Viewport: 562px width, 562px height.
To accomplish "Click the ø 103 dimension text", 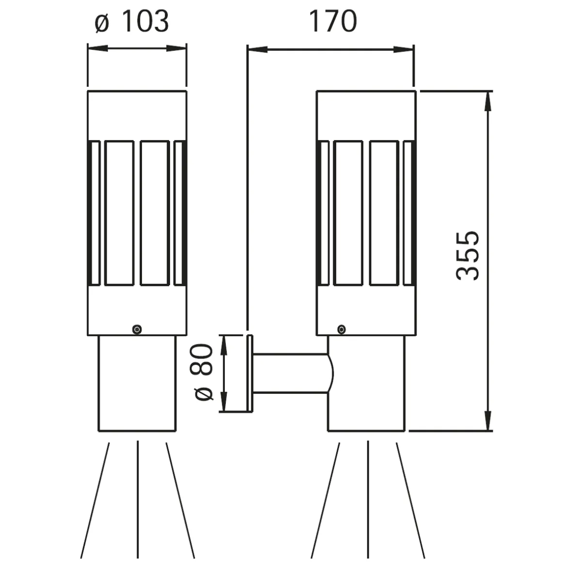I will tap(132, 22).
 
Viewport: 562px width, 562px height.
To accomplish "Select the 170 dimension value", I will tap(332, 22).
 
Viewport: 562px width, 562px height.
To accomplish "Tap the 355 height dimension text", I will tap(468, 255).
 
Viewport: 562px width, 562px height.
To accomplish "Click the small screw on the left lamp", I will tap(138, 329).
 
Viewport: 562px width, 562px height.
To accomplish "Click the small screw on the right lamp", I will tap(342, 329).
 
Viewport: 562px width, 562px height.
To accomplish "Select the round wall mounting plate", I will tap(250, 373).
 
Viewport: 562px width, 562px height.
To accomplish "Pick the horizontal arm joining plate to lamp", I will tap(291, 373).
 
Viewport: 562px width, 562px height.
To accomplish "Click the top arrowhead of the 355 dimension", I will tap(488, 99).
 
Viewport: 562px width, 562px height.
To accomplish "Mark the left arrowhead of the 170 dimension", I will tap(257, 49).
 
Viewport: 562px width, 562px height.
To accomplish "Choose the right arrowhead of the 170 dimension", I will tap(405, 49).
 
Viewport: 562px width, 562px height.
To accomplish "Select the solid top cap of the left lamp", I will tap(137, 115).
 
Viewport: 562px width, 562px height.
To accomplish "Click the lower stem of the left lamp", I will tap(137, 383).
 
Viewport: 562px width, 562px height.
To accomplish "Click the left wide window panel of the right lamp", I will tap(348, 213).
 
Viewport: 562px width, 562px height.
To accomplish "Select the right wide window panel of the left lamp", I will tap(155, 213).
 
